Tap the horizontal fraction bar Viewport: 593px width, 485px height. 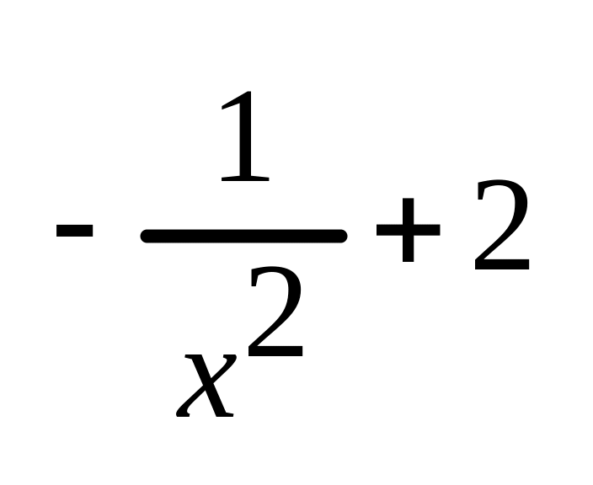(x=244, y=236)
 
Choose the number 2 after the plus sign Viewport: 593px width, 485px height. (x=502, y=227)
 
